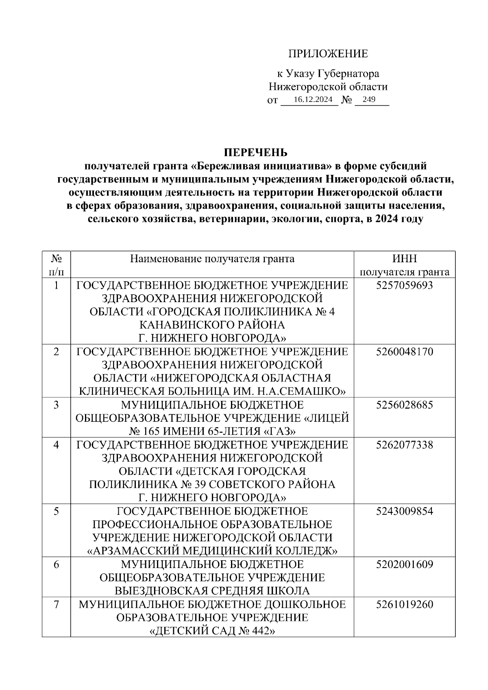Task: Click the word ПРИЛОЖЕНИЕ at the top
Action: (328, 54)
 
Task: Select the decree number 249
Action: (369, 100)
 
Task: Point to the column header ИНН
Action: (405, 259)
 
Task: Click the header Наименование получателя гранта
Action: (212, 259)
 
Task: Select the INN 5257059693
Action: (405, 285)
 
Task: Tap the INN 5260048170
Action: (405, 352)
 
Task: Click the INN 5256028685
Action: (405, 405)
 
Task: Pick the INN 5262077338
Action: (405, 445)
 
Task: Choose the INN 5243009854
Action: (405, 511)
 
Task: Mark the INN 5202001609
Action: (405, 564)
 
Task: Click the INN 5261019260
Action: (405, 604)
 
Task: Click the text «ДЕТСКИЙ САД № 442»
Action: (212, 631)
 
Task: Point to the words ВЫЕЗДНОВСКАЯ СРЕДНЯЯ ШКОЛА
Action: (212, 591)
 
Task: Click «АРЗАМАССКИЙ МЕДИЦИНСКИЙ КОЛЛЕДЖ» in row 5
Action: (212, 551)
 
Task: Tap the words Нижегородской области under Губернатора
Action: (328, 87)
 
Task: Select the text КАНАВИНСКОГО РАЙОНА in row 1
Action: (212, 325)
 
